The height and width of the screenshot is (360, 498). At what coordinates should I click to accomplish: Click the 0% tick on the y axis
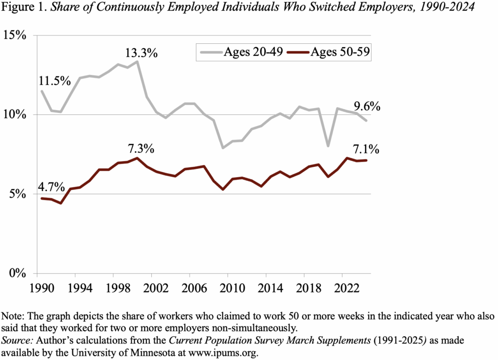click(x=18, y=273)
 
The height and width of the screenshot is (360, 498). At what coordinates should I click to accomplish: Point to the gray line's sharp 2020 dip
click(x=329, y=145)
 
